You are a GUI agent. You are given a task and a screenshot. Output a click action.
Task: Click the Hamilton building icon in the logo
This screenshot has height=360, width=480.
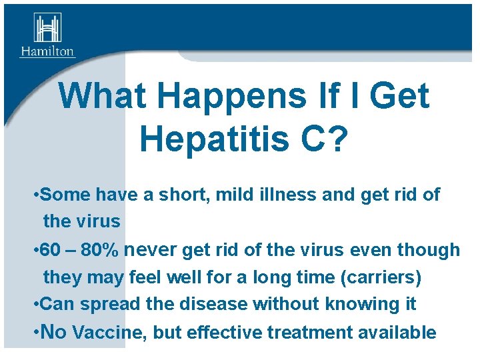47,28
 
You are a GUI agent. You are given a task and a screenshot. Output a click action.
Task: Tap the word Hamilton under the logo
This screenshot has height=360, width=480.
47,51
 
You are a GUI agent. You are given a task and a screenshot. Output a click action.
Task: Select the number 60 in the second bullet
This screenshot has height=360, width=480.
50,250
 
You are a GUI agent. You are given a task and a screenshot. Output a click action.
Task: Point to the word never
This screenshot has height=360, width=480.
151,250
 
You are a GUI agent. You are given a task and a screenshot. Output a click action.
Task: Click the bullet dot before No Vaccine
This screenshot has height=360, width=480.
35,332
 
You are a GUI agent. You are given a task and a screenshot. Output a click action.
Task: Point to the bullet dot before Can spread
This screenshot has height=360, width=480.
35,304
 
